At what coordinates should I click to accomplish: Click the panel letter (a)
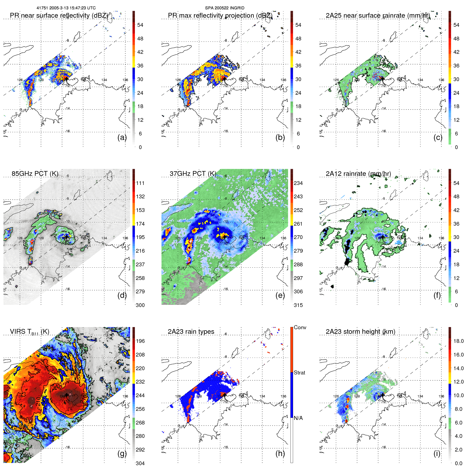pos(122,138)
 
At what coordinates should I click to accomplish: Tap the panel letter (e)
pos(280,295)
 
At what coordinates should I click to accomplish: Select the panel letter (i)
pos(437,454)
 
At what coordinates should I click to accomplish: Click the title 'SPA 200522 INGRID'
pos(225,8)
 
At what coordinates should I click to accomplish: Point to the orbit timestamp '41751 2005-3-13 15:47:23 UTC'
pos(66,8)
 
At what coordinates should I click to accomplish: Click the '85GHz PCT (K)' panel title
pos(35,174)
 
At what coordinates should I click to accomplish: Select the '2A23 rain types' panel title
pos(191,332)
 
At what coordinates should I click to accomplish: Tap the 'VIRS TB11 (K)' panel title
pos(29,332)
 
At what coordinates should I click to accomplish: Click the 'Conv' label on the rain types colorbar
pos(300,327)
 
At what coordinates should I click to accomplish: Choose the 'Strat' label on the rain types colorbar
pos(299,373)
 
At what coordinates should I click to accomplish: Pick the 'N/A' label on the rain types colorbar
pos(298,418)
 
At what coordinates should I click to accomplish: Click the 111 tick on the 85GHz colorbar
pos(140,183)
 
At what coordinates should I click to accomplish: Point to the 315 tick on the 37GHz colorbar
pos(298,305)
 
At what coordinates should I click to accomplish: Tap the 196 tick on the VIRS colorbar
pos(140,341)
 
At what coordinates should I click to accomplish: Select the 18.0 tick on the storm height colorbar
pos(458,341)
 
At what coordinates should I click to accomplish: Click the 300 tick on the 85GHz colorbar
pos(140,305)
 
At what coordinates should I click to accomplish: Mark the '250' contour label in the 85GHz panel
pos(25,244)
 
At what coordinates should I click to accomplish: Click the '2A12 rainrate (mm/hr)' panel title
pos(358,174)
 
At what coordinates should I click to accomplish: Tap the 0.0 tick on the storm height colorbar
pos(458,463)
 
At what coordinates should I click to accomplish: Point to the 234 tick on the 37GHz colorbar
pos(298,183)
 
